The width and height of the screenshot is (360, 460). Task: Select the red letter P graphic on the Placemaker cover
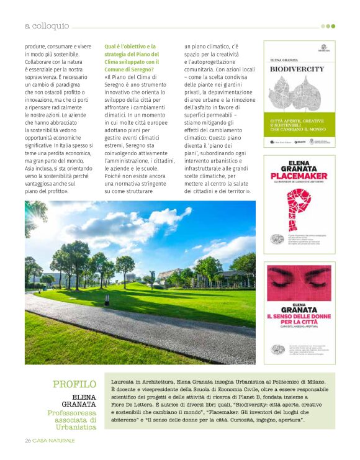299,209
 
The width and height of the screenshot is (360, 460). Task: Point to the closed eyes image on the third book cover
299,285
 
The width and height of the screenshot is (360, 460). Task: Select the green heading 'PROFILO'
74,384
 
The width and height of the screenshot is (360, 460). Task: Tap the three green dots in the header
328,26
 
